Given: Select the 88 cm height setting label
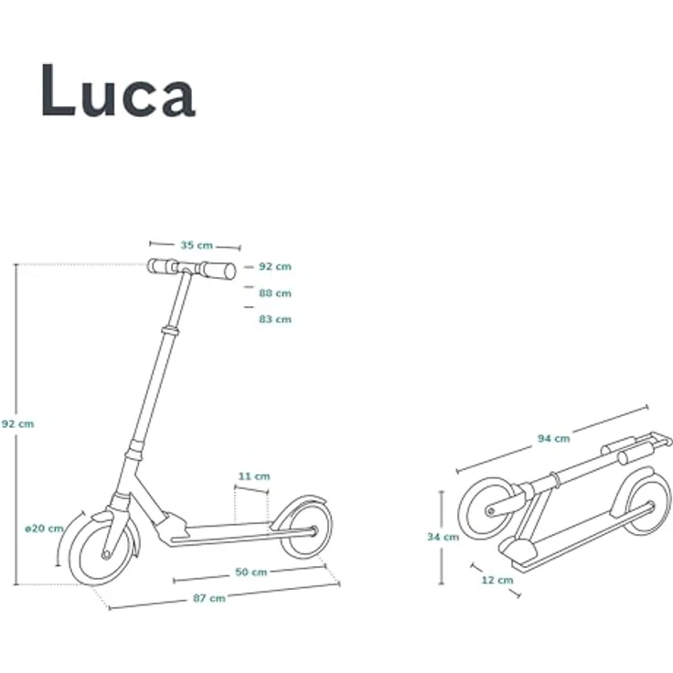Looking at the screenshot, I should coord(274,293).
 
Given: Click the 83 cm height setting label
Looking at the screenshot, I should coord(274,319).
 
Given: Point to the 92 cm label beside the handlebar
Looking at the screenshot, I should coord(274,266).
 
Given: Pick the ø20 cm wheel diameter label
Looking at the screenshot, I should coord(44,529).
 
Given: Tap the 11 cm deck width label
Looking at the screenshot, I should coord(254,476).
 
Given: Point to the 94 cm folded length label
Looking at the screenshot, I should coord(553,439).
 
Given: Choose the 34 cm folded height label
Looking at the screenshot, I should coord(443,537).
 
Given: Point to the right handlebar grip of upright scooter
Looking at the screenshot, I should coord(219,270).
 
